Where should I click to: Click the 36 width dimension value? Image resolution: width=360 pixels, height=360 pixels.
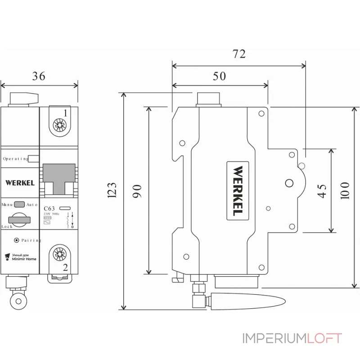pyautogui.click(x=39, y=76)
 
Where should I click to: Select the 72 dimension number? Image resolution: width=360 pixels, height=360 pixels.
pyautogui.click(x=239, y=54)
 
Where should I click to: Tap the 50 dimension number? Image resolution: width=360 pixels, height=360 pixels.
pyautogui.click(x=219, y=76)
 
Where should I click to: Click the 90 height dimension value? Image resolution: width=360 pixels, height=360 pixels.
pyautogui.click(x=137, y=191)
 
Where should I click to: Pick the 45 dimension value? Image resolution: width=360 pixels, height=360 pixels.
pyautogui.click(x=321, y=191)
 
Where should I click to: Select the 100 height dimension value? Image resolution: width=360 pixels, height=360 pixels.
pyautogui.click(x=345, y=191)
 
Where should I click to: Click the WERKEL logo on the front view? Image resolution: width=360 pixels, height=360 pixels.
pyautogui.click(x=20, y=183)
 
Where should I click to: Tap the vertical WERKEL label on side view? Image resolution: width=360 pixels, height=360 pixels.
pyautogui.click(x=238, y=189)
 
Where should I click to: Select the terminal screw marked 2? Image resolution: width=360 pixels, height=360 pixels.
pyautogui.click(x=58, y=255)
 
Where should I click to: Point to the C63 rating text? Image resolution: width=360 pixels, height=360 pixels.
pyautogui.click(x=49, y=208)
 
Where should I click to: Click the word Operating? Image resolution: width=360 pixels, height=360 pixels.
pyautogui.click(x=15, y=159)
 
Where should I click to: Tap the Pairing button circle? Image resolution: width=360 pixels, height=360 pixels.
pyautogui.click(x=17, y=240)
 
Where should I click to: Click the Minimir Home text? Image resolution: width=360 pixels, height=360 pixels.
pyautogui.click(x=24, y=259)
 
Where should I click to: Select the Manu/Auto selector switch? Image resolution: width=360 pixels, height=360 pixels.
pyautogui.click(x=19, y=204)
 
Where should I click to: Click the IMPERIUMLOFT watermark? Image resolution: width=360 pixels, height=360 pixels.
pyautogui.click(x=292, y=338)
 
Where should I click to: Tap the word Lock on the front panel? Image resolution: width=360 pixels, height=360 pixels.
pyautogui.click(x=7, y=226)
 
